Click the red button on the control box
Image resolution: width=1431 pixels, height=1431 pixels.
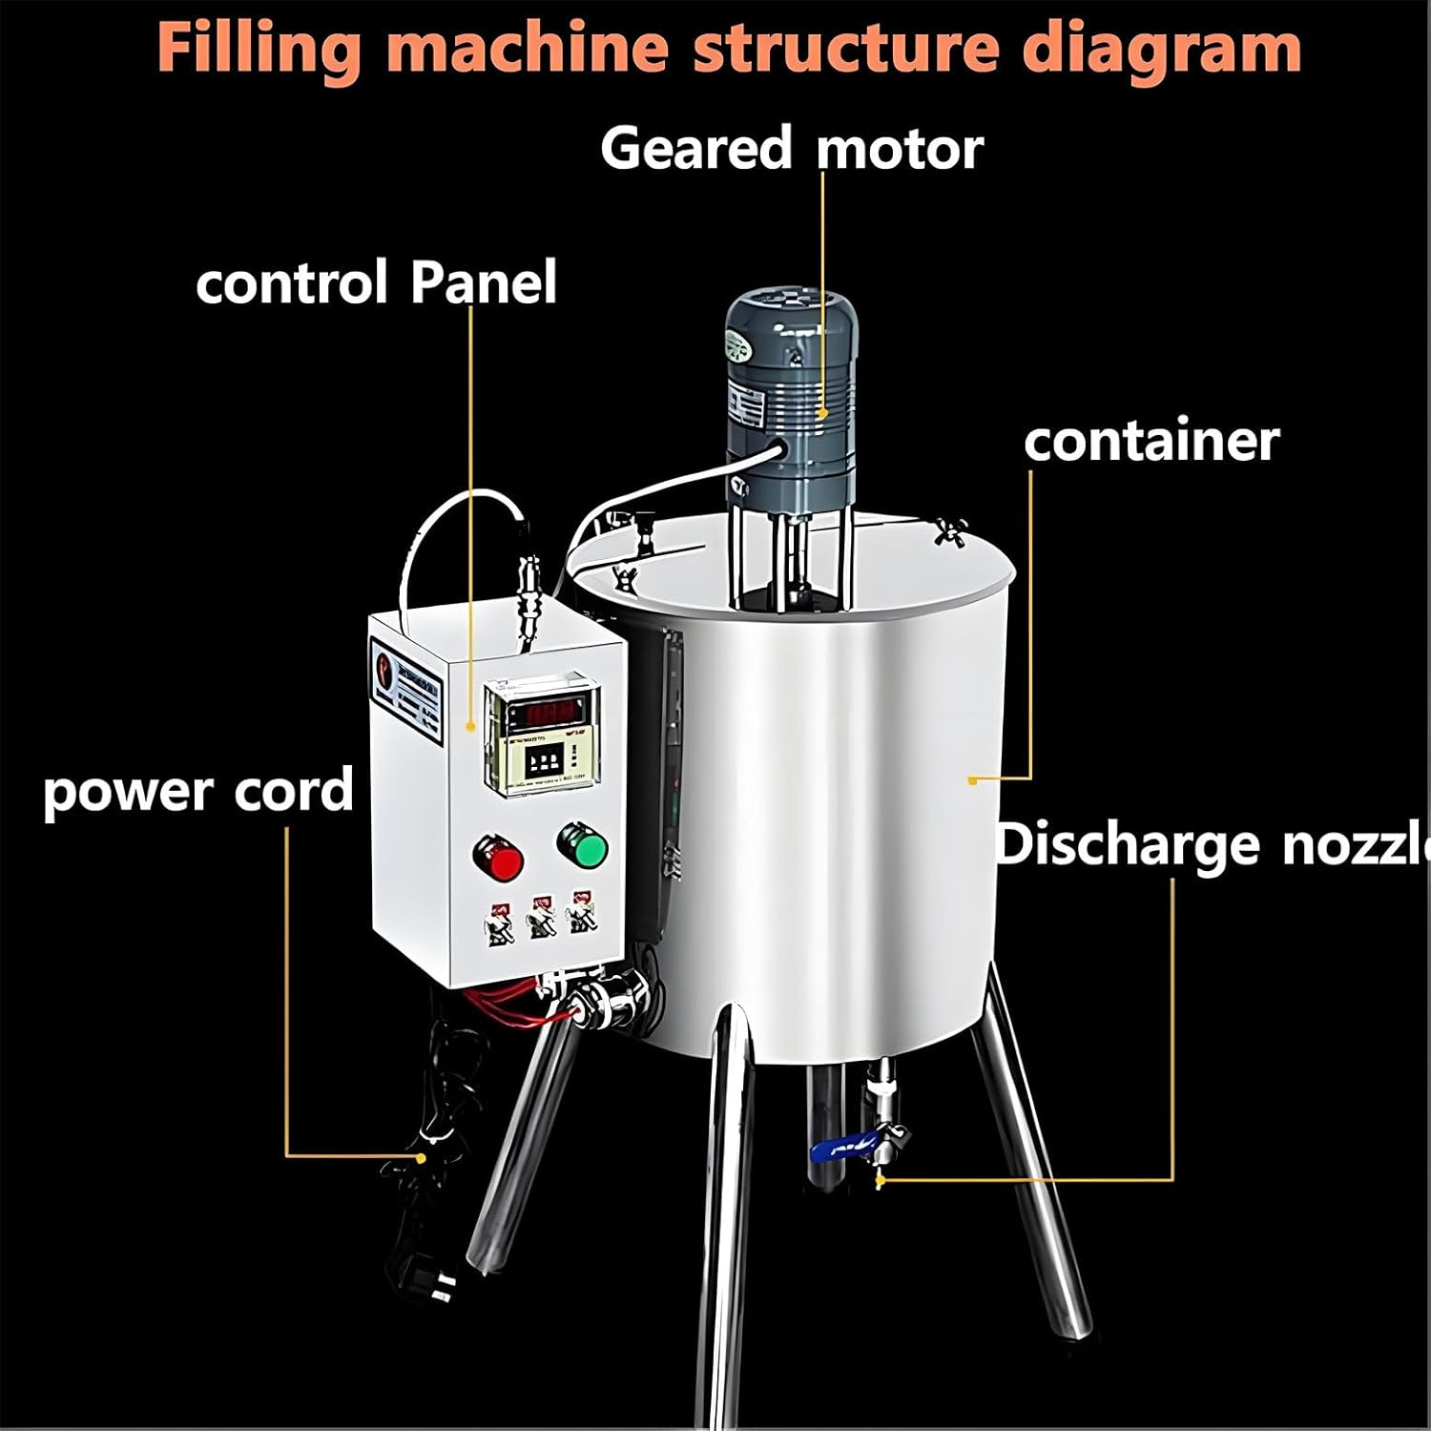click(x=498, y=857)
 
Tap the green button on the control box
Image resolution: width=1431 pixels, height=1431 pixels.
click(x=582, y=844)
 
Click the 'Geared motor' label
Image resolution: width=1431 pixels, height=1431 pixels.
click(x=792, y=149)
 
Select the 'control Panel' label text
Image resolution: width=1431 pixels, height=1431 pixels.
click(x=376, y=283)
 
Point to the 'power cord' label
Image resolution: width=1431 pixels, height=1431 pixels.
click(x=197, y=792)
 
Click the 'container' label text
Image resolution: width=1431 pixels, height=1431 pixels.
click(x=1151, y=441)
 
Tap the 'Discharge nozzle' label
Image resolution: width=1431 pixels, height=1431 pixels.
click(x=1212, y=845)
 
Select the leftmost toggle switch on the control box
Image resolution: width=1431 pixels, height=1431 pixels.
click(x=499, y=923)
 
